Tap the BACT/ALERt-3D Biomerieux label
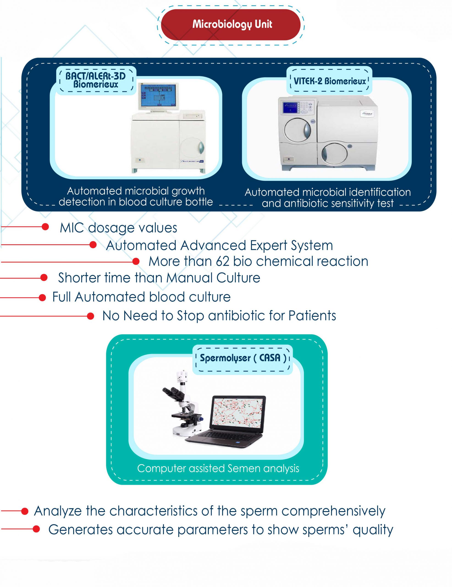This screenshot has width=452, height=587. [x=96, y=80]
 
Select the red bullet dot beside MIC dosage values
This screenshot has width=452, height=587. [x=45, y=227]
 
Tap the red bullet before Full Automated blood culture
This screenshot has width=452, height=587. [x=42, y=298]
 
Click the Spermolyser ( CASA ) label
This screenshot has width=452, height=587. [x=243, y=358]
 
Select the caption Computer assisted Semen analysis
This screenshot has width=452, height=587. [x=218, y=468]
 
